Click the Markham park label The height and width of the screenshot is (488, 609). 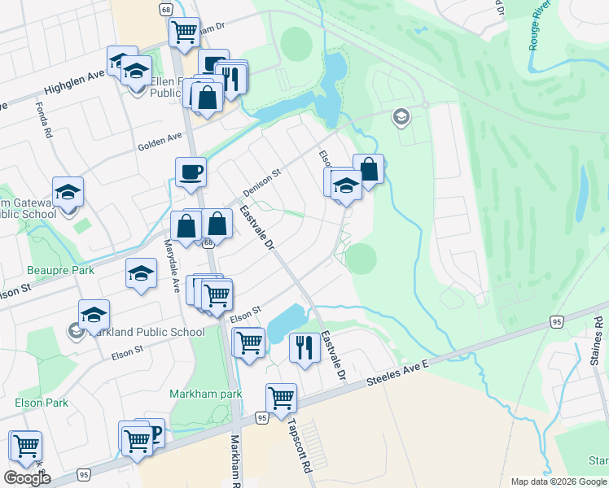point(207,394)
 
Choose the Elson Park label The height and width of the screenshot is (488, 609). point(41,403)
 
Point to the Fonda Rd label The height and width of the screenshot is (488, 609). point(43,119)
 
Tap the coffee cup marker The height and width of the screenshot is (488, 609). point(191,172)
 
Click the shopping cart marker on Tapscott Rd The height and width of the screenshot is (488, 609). point(280,399)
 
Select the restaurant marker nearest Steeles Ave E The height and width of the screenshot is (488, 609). point(304,348)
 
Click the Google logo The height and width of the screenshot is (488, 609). point(27,477)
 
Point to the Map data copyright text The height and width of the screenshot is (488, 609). point(559,481)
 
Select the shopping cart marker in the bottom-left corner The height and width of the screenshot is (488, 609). point(25,446)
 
